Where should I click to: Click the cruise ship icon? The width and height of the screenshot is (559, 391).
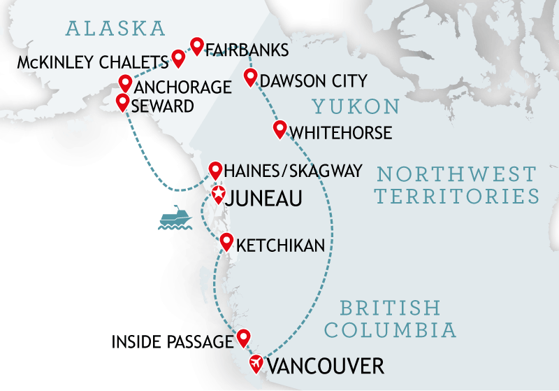pos(174,218)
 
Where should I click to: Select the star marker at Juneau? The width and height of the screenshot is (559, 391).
pos(218,194)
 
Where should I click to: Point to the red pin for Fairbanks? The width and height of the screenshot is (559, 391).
pos(197,45)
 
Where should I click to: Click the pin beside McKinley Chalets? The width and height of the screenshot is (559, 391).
pos(178,57)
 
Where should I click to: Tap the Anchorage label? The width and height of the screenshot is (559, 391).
pos(182,87)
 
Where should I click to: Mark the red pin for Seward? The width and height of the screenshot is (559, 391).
pos(122,102)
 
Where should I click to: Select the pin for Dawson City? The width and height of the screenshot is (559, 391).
pos(250,77)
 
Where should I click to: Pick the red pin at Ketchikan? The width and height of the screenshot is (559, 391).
pos(226,242)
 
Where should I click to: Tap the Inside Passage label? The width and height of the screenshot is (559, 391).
pos(172,343)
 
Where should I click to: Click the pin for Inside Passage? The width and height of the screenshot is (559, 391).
pos(243,337)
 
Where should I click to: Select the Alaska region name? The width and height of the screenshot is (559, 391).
pos(115,29)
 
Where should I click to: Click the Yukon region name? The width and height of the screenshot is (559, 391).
pos(356,106)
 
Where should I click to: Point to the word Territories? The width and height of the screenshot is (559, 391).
pos(458,196)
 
